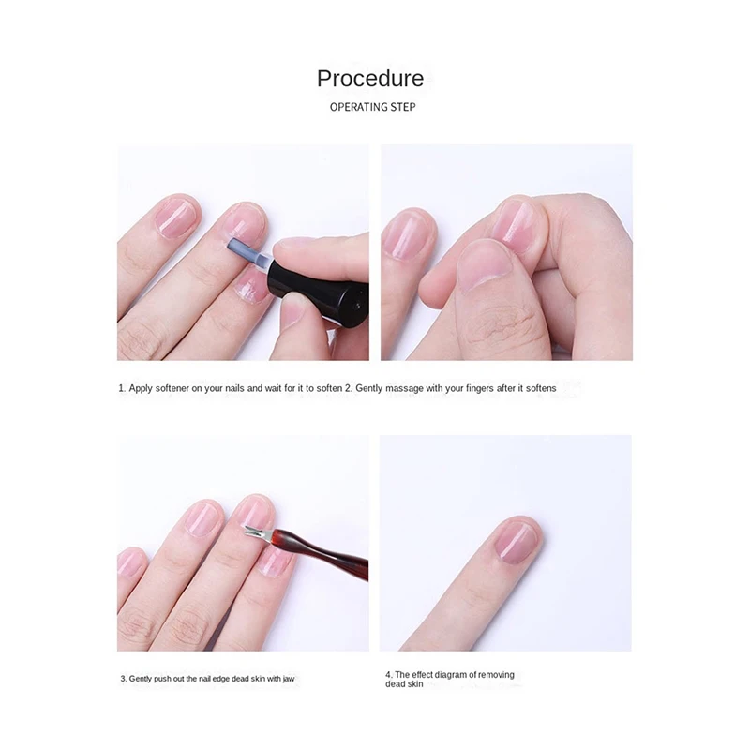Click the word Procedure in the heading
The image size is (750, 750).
[x=370, y=79]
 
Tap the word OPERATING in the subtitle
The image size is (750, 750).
[x=359, y=107]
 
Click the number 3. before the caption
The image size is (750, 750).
[x=123, y=678]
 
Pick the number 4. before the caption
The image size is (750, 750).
[x=388, y=675]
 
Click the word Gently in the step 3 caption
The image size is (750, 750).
[x=142, y=678]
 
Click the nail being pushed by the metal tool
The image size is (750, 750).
[x=253, y=511]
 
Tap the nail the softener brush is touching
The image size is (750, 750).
[x=242, y=225]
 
